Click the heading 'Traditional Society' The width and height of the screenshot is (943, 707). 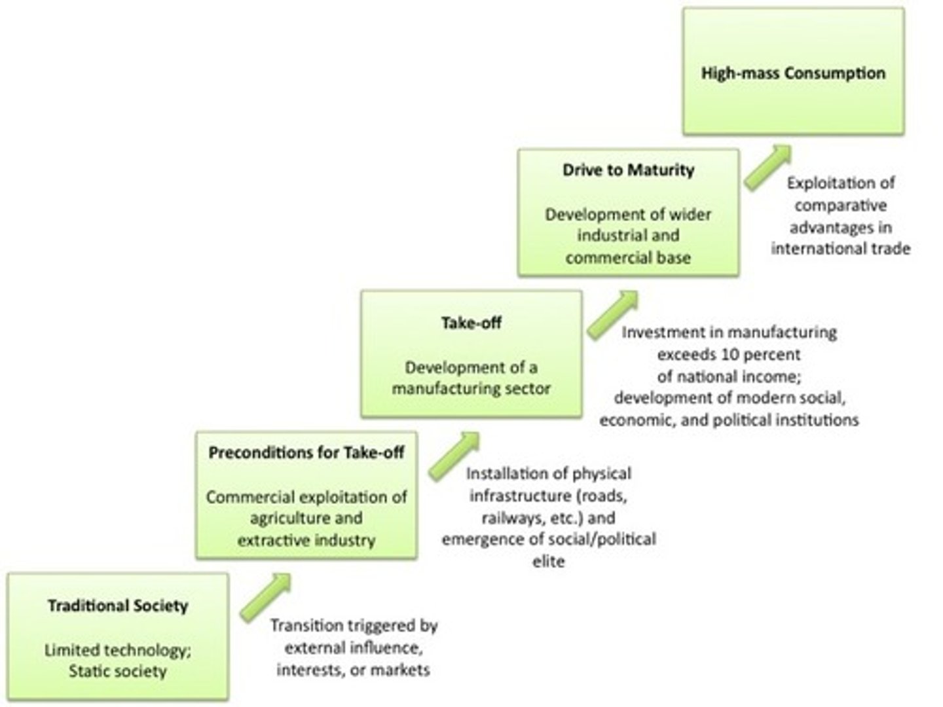(118, 606)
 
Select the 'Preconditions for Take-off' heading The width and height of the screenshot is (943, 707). (306, 452)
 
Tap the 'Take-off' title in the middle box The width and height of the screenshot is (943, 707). (471, 323)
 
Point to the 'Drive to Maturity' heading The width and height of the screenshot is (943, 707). (628, 170)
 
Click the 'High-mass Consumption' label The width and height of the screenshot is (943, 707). (793, 73)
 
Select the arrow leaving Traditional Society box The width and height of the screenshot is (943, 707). (265, 597)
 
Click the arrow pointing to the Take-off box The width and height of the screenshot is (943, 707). (454, 456)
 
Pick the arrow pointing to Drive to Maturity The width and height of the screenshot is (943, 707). (612, 315)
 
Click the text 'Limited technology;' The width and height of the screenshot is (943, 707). (118, 650)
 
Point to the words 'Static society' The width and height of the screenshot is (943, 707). (118, 672)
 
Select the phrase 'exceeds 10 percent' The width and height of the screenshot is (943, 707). (729, 355)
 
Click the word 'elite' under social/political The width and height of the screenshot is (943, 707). (548, 562)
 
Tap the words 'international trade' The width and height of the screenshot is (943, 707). (840, 249)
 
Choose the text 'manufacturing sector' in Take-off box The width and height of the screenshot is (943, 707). (471, 389)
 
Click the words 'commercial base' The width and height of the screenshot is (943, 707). (628, 258)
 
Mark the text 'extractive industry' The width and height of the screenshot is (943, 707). (306, 541)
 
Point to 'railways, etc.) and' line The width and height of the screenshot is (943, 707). (548, 518)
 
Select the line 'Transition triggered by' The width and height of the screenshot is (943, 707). (354, 626)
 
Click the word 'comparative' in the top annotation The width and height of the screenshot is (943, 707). (840, 206)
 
